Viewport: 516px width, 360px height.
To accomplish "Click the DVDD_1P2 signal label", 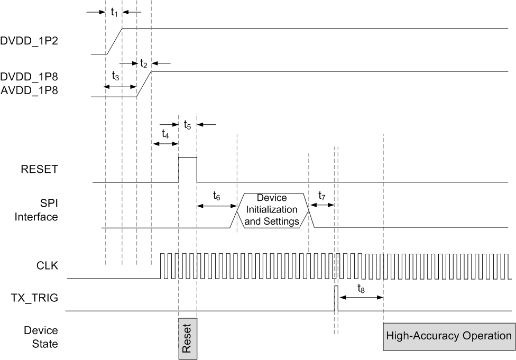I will [x=29, y=40].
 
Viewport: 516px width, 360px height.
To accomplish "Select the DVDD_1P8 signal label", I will [x=29, y=78].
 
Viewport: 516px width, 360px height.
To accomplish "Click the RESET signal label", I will [x=40, y=170].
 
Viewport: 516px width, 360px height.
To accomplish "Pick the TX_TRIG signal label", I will [x=35, y=298].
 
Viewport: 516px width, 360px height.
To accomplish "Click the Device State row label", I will [x=41, y=337].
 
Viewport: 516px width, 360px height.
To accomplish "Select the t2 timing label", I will [x=143, y=63].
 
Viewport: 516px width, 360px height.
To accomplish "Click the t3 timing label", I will [x=115, y=76].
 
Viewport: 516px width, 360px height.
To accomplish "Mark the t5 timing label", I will [x=188, y=125].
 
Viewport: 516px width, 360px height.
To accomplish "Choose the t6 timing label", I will [x=217, y=196].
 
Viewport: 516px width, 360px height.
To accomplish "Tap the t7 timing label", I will [x=322, y=196].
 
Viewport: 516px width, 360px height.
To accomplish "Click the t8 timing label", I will [x=361, y=289].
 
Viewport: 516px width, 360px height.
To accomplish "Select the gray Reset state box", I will [x=188, y=338].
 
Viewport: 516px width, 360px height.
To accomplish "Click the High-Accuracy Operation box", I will [x=449, y=336].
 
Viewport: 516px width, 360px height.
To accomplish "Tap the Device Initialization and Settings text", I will [x=271, y=209].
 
